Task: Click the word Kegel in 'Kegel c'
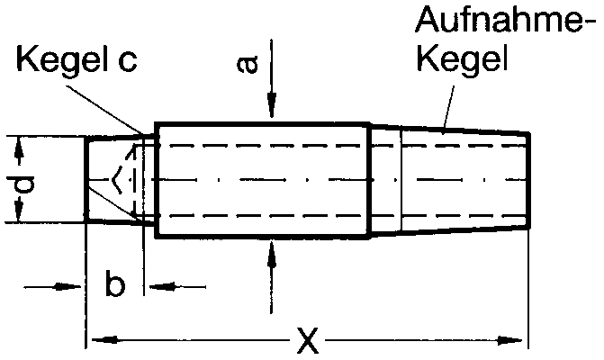pos(59,62)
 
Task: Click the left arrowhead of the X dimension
pos(95,340)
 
